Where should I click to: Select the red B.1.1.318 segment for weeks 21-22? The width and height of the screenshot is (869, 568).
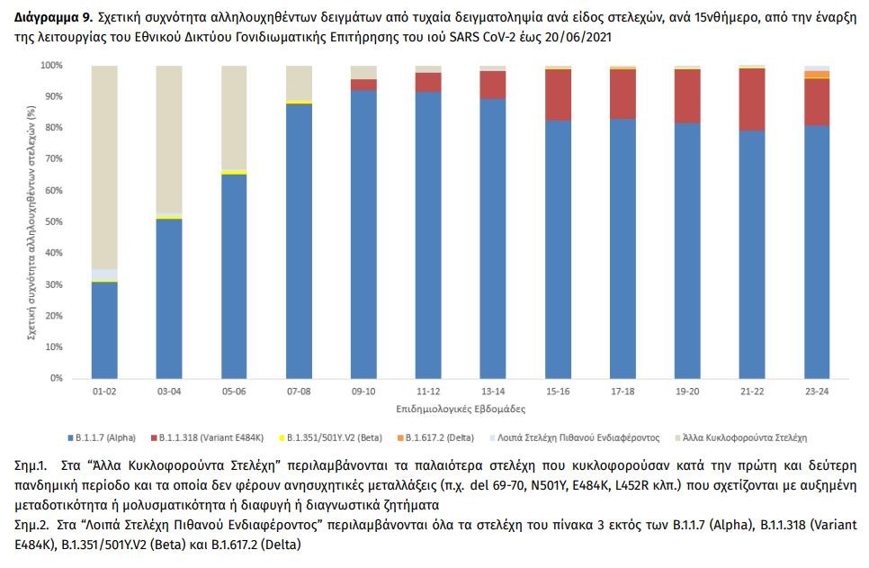point(752,99)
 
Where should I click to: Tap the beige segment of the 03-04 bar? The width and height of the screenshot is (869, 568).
point(169,139)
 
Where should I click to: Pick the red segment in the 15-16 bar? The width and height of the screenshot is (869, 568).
point(558,95)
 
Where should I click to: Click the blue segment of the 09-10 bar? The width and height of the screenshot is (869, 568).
point(363,234)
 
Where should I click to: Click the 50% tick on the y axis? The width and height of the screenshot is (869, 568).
point(51,221)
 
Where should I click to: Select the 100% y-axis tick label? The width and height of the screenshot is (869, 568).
point(49,66)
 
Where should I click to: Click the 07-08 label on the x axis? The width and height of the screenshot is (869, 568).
point(299,392)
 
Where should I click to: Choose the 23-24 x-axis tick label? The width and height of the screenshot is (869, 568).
point(817,392)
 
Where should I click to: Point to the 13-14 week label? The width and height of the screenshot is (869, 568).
point(493,392)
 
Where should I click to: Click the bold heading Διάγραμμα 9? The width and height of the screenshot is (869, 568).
point(49,16)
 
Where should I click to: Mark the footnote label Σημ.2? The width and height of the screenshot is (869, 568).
point(32,524)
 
